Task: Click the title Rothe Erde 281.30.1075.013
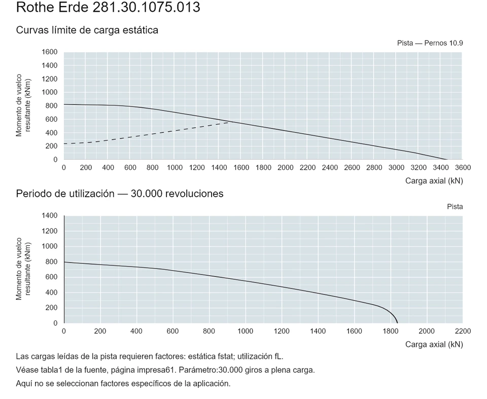[x=108, y=7]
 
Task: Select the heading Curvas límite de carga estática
[x=87, y=30]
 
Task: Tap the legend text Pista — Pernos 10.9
[x=430, y=43]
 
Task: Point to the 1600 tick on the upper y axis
[x=50, y=52]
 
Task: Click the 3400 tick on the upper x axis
[x=441, y=168]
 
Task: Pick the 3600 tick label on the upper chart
[x=463, y=168]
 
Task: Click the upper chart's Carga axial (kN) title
[x=434, y=181]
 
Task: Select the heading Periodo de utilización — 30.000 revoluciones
[x=120, y=194]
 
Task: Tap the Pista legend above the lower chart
[x=455, y=207]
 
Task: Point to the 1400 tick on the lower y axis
[x=50, y=215]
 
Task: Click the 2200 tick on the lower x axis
[x=463, y=331]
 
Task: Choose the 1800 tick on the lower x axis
[x=391, y=331]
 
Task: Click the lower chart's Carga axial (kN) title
[x=434, y=344]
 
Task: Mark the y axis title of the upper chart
[x=23, y=105]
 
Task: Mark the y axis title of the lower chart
[x=23, y=269]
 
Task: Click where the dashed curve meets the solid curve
[x=233, y=122]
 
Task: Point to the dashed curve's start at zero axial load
[x=64, y=144]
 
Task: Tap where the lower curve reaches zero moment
[x=397, y=323]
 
